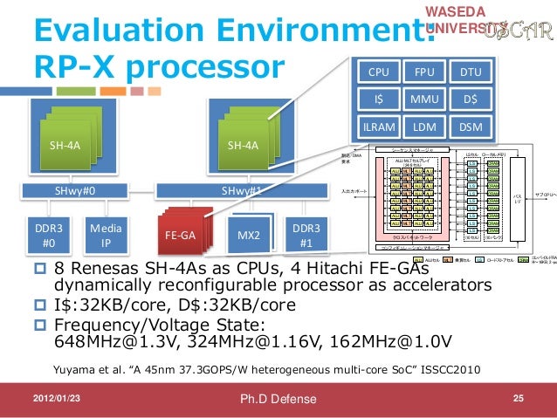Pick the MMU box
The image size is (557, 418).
pyautogui.click(x=424, y=99)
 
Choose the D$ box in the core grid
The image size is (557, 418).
pyautogui.click(x=471, y=99)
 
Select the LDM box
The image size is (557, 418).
pyautogui.click(x=424, y=127)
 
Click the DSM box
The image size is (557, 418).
pyautogui.click(x=471, y=127)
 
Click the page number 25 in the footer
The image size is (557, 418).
pyautogui.click(x=518, y=399)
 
